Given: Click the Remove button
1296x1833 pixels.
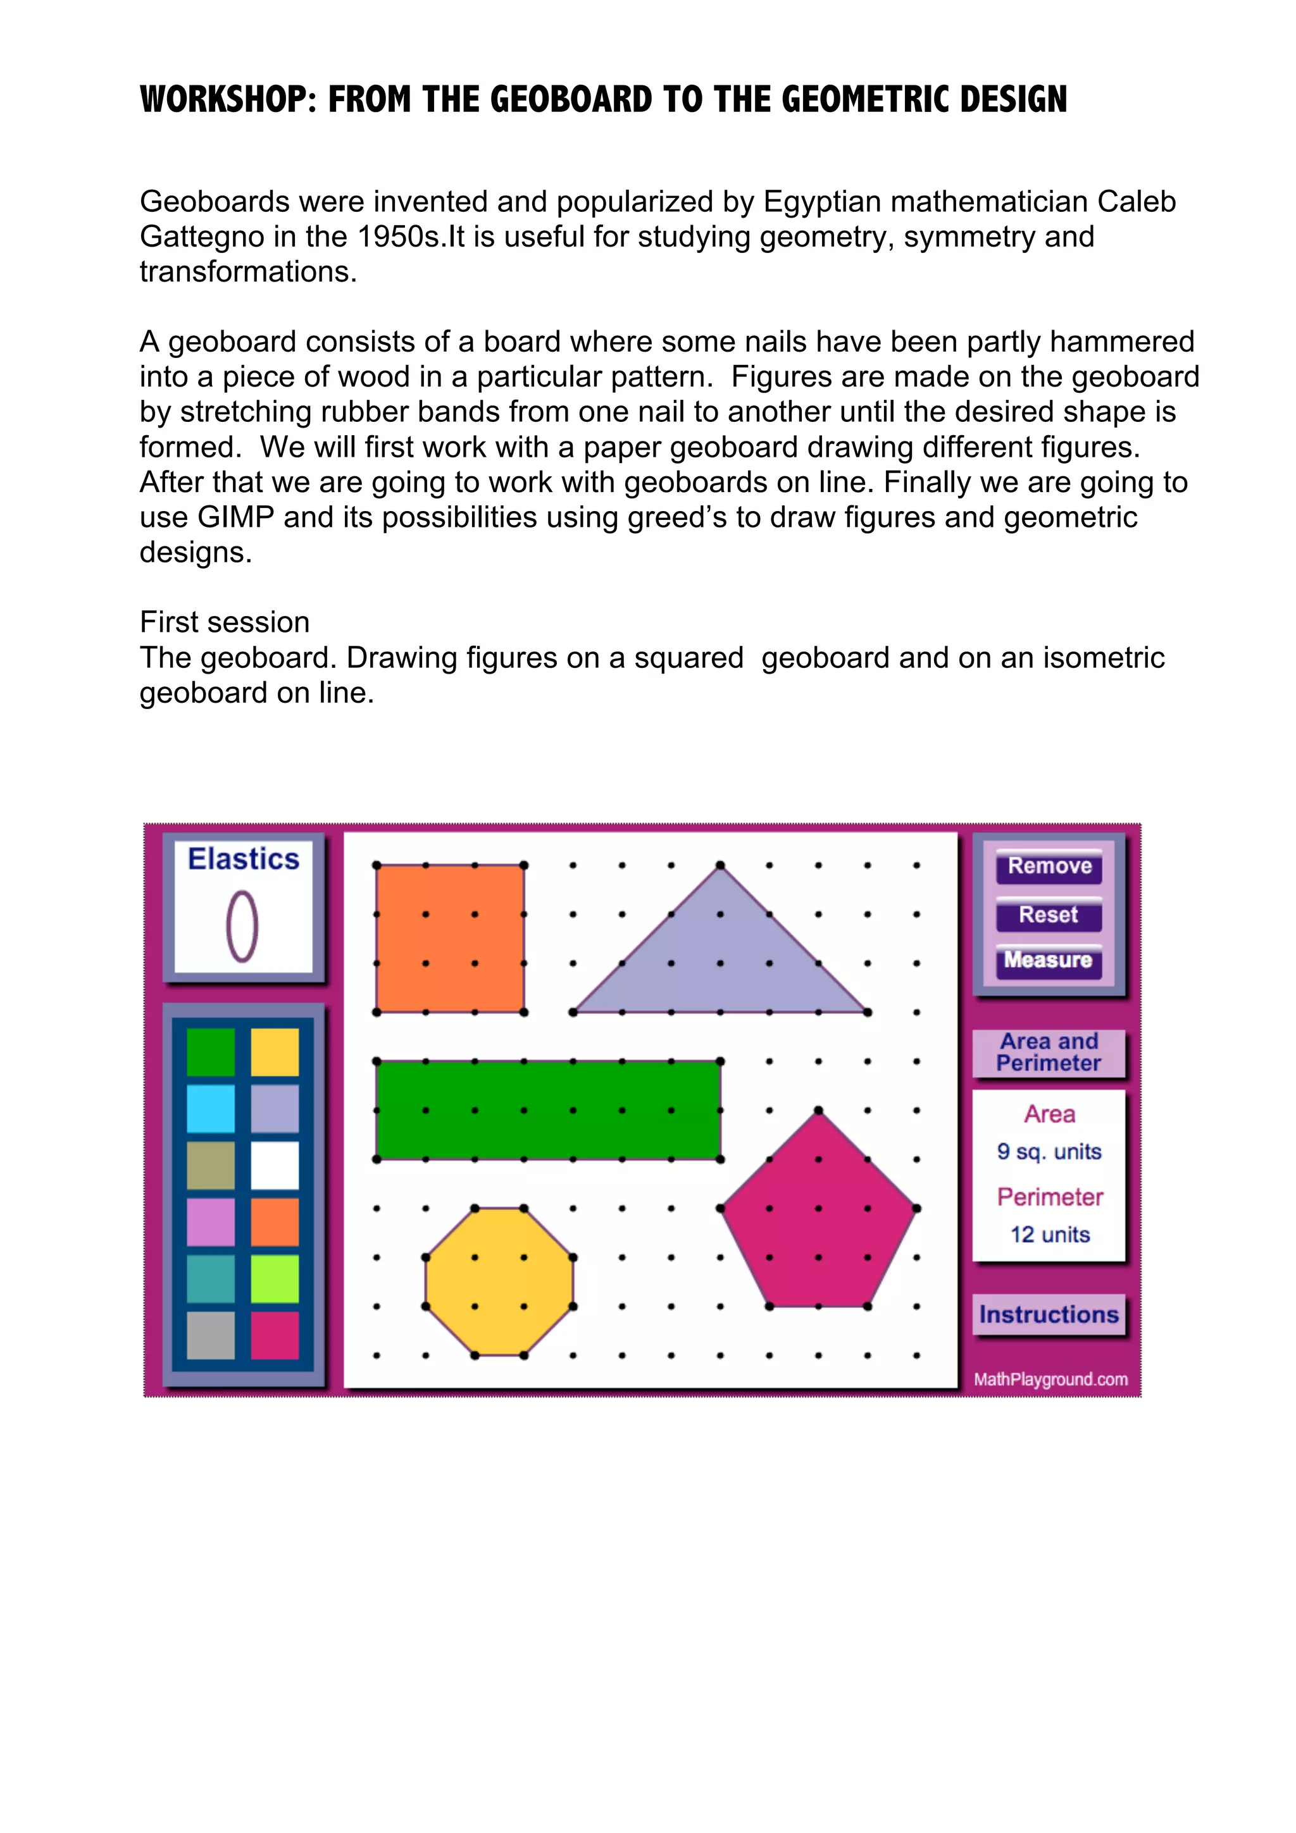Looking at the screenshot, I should [x=1049, y=866].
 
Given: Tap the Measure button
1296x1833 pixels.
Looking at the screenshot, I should [x=1049, y=960].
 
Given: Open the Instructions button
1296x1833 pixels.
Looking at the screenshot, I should [x=1049, y=1315].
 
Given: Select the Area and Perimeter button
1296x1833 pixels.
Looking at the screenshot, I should [x=1049, y=1052].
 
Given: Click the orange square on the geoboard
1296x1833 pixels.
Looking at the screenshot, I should [x=449, y=938].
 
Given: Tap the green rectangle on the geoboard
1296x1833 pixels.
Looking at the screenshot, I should [x=548, y=1109].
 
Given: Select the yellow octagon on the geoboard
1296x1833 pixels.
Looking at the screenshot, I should [x=499, y=1281].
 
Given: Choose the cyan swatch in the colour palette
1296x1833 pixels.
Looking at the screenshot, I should [x=211, y=1108].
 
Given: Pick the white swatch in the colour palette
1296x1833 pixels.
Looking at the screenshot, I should [x=275, y=1165].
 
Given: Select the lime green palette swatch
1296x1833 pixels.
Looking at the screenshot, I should [x=275, y=1278].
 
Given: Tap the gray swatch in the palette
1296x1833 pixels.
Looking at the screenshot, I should [x=211, y=1335].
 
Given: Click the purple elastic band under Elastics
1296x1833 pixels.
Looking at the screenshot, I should [x=242, y=926].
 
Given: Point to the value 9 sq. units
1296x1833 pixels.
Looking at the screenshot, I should [x=1049, y=1152].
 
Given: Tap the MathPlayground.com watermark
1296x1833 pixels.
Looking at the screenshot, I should [x=1050, y=1379].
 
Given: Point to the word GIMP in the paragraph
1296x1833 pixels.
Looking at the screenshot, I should [x=235, y=517].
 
